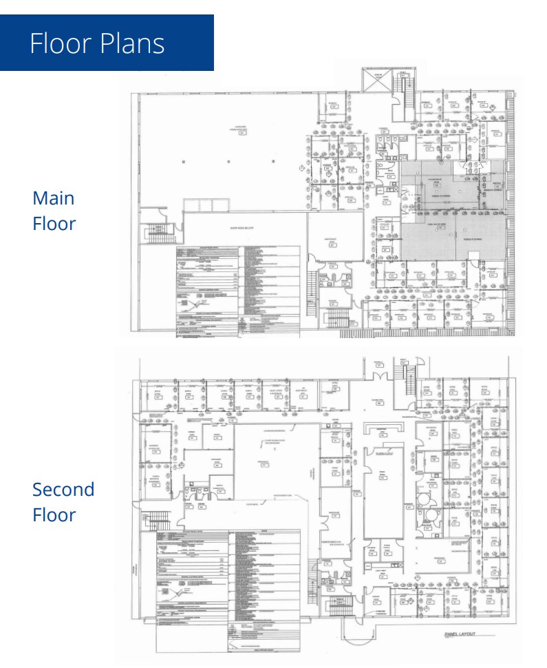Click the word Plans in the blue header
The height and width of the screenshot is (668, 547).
pos(131,43)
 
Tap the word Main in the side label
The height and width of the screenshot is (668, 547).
pos(53,198)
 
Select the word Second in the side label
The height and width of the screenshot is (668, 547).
pos(63,490)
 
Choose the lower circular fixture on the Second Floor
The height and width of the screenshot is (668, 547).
pos(432,514)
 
